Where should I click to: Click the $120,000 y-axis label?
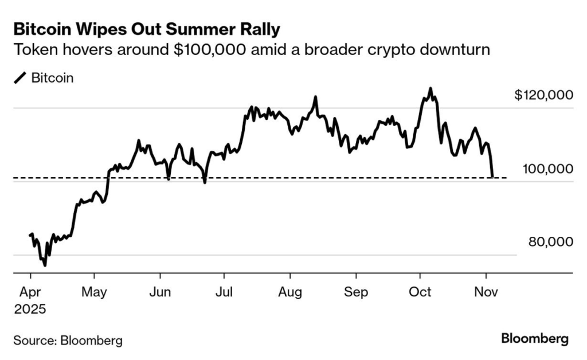[543, 95]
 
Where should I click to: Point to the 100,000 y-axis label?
[547, 169]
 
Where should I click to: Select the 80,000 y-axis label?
[550, 242]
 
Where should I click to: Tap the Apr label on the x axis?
[30, 292]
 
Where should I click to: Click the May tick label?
[95, 292]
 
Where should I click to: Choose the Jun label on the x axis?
[160, 292]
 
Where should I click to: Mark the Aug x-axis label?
[290, 292]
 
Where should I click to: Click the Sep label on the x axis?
[356, 292]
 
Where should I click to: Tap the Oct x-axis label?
[420, 292]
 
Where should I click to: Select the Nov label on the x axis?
[486, 292]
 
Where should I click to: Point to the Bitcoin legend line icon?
[20, 78]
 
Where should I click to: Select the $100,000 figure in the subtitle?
[210, 50]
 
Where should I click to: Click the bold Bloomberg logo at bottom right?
[535, 339]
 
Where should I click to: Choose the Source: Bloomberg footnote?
[68, 341]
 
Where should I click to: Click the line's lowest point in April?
[45, 265]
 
